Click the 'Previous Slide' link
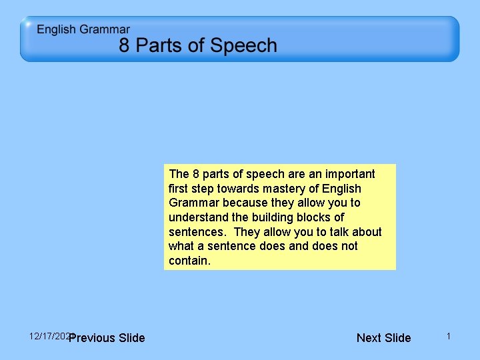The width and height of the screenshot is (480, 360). tap(107, 338)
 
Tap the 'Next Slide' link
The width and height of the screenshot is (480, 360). tap(383, 338)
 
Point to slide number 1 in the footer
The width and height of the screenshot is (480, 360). tap(449, 337)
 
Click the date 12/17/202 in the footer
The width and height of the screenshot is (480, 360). tap(49, 335)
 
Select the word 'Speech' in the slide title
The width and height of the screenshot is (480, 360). tap(243, 46)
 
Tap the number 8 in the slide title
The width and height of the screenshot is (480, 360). tap(125, 46)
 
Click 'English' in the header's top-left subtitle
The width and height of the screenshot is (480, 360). tap(57, 29)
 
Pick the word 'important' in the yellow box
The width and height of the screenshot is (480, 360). tap(351, 174)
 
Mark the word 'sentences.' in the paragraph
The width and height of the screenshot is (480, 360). tap(198, 232)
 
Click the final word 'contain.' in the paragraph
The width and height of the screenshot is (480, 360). tap(189, 261)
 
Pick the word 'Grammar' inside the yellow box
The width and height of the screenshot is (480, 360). tap(194, 203)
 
